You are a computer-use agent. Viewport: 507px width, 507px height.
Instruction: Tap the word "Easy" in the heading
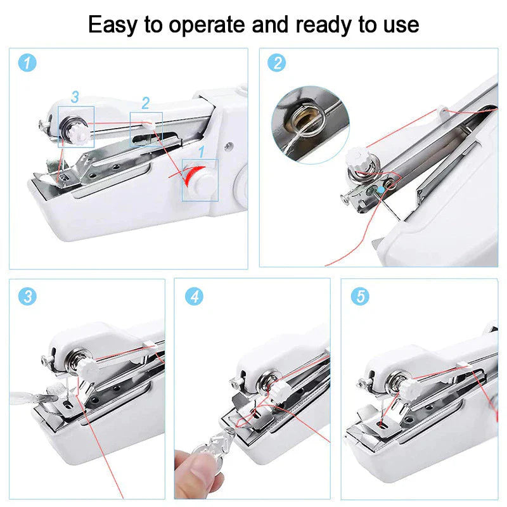tap(113, 25)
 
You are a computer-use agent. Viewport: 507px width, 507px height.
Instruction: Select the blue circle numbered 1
tap(27, 62)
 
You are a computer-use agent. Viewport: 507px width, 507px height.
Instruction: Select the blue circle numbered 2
tap(276, 62)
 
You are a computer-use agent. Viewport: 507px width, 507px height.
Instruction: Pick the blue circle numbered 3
tap(27, 296)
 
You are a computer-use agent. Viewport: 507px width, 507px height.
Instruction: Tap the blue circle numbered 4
tap(194, 296)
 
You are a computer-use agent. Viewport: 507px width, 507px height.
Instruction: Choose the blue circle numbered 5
tap(360, 296)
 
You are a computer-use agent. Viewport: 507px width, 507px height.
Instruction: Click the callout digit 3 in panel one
tap(75, 97)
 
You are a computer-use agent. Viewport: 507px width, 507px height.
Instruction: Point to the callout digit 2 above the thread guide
tap(146, 103)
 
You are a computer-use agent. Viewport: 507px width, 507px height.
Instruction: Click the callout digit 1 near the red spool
tap(202, 151)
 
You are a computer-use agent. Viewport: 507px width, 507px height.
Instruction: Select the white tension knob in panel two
tap(356, 158)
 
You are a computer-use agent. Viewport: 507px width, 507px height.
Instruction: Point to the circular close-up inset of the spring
tap(310, 125)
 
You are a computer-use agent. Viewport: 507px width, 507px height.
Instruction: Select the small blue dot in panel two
tap(382, 189)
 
